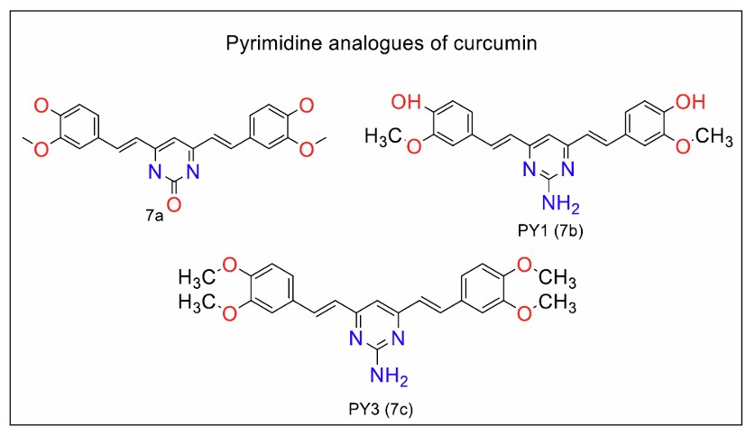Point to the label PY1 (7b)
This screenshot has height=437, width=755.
click(557, 235)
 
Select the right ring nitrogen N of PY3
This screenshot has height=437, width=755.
click(400, 342)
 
